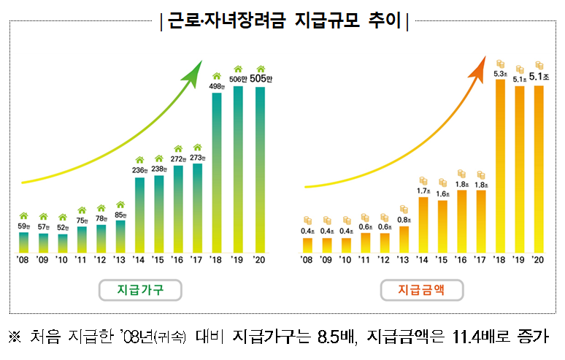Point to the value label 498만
click(x=217, y=85)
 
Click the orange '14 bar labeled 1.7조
click(x=423, y=223)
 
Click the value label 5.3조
click(x=500, y=73)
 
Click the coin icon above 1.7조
click(x=423, y=180)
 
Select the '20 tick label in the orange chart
click(x=539, y=259)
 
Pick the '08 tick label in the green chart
click(x=23, y=259)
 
